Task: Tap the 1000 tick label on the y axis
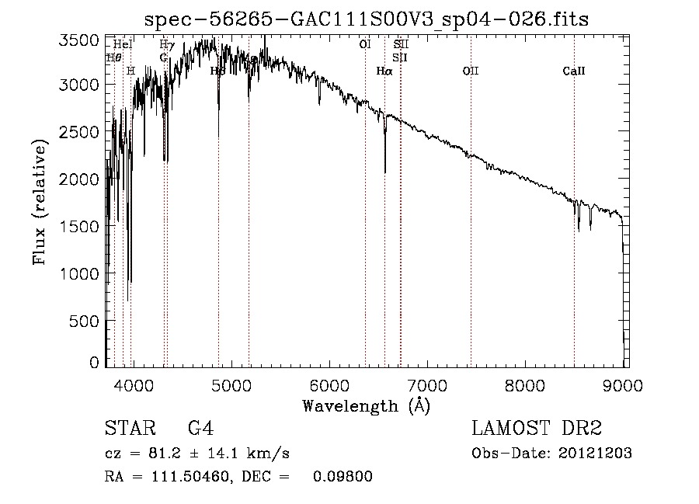point(80,273)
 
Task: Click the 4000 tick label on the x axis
point(134,384)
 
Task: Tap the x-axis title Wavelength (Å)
point(366,405)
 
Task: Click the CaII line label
point(573,71)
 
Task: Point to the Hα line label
point(384,71)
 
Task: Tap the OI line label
point(364,45)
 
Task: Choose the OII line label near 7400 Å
point(470,71)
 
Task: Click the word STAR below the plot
point(128,429)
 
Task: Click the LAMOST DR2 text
point(537,429)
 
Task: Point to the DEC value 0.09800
point(343,477)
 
